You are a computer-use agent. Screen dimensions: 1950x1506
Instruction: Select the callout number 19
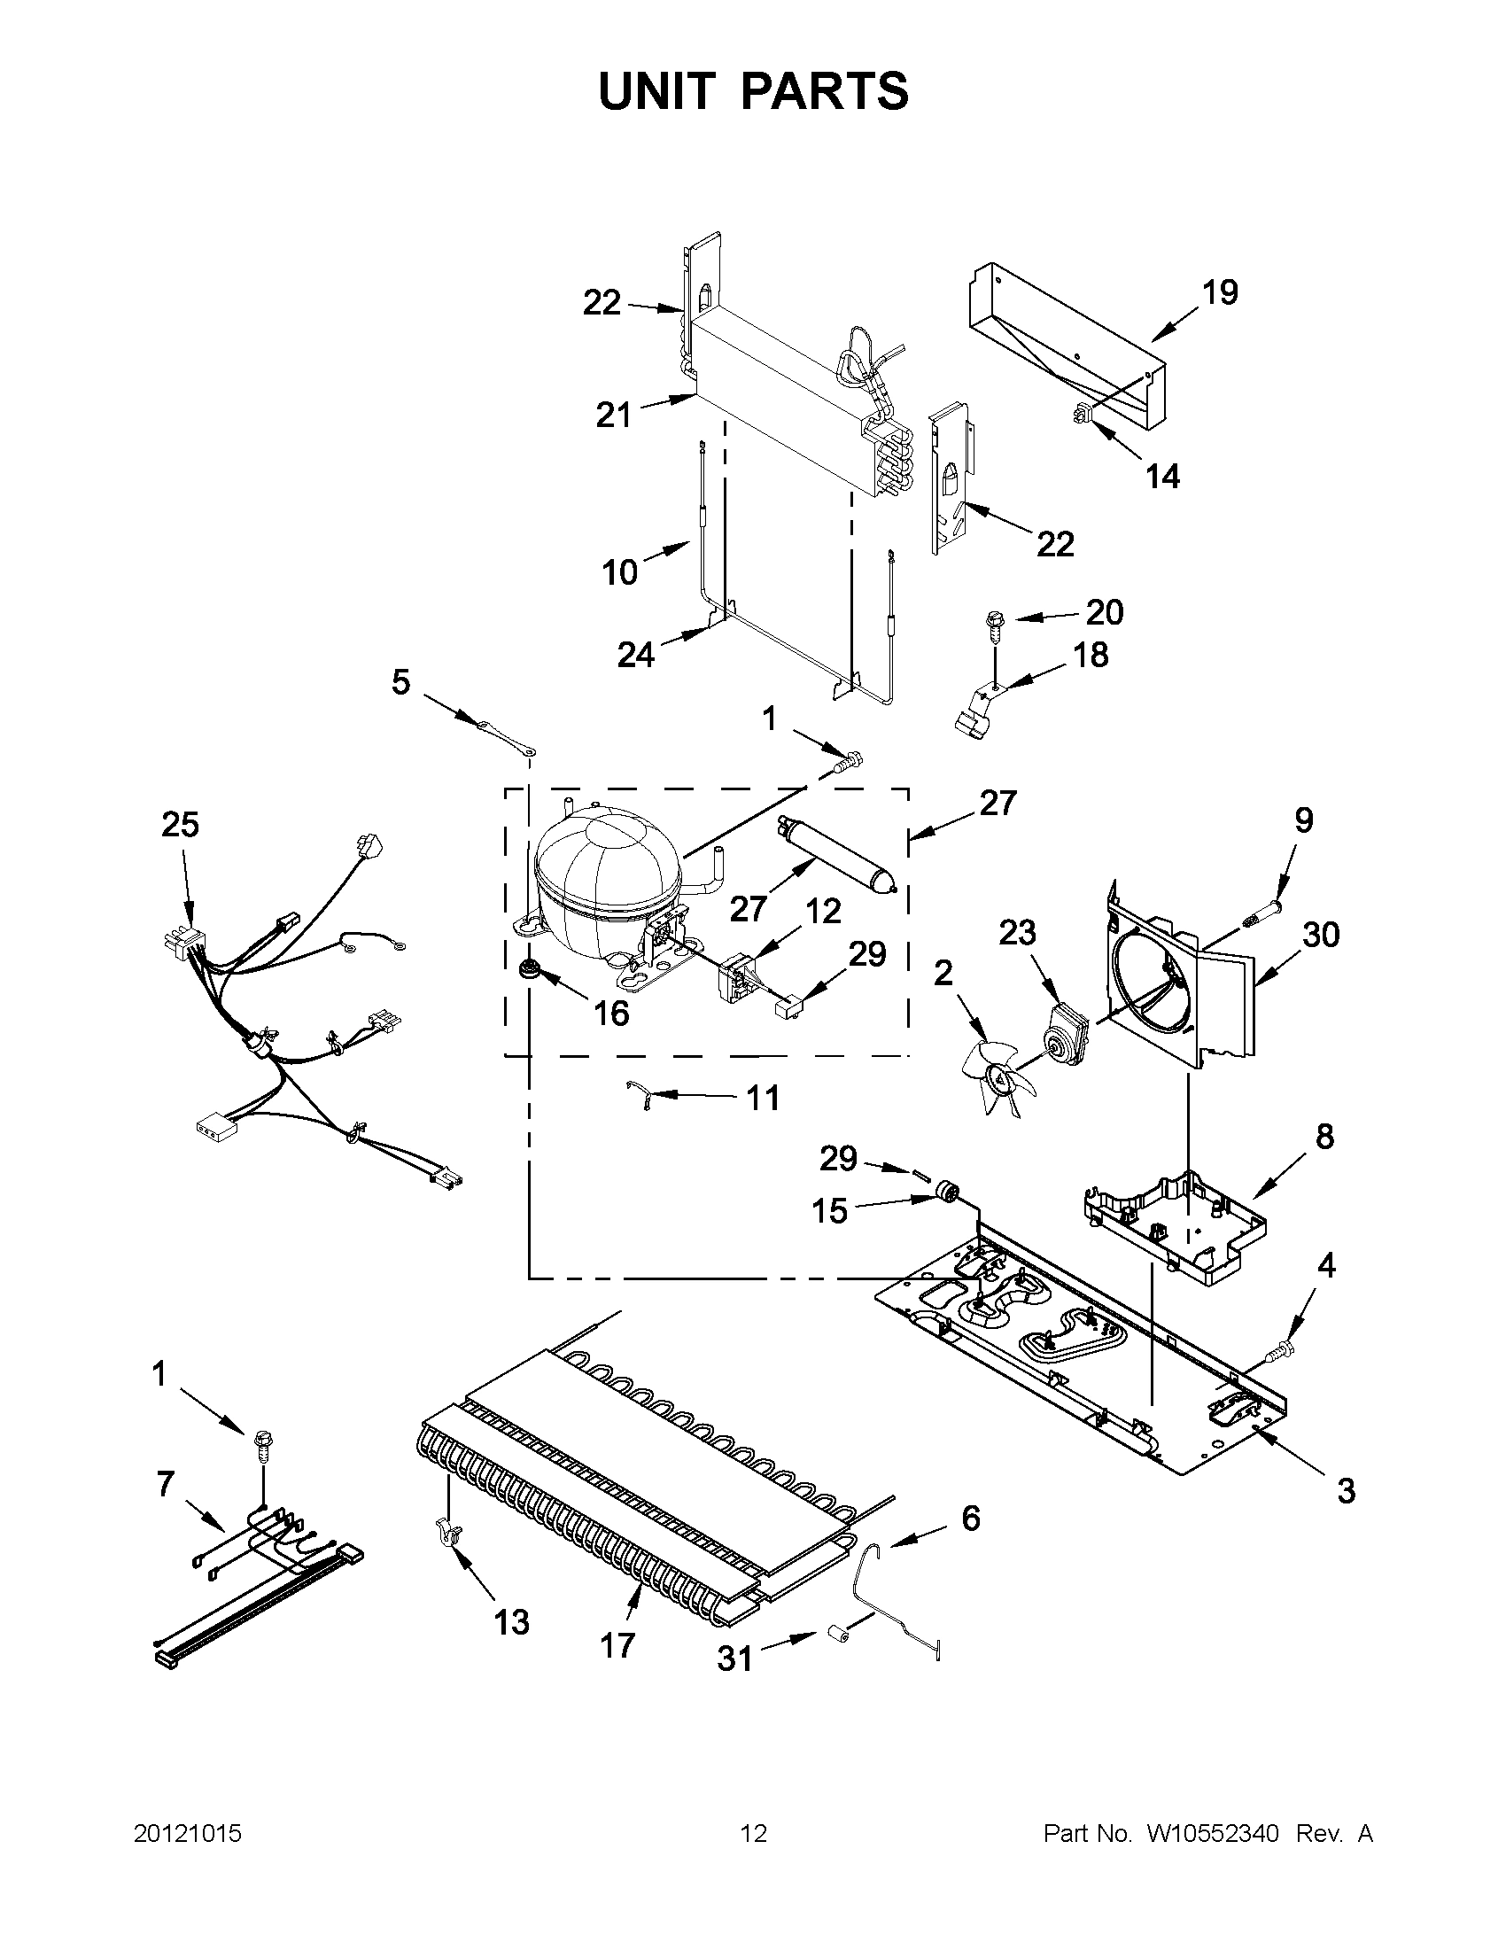click(1220, 292)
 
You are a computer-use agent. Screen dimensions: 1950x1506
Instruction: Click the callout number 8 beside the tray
click(1324, 1137)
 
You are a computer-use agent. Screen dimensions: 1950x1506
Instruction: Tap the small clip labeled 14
click(1083, 415)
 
